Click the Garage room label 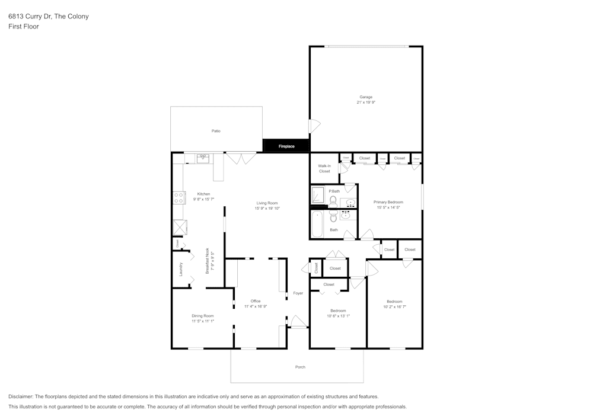(x=366, y=97)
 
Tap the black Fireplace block (x=286, y=146)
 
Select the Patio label (x=216, y=131)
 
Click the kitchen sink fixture (x=203, y=158)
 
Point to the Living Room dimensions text (x=267, y=209)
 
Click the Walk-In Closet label (x=324, y=169)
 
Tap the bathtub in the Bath (x=317, y=223)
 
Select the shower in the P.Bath (x=318, y=195)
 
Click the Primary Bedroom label (x=388, y=202)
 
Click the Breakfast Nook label (x=207, y=261)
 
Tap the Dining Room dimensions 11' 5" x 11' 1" (x=203, y=321)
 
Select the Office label (x=256, y=301)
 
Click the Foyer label (x=298, y=293)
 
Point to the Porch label (x=300, y=367)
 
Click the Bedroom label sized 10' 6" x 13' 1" (x=338, y=311)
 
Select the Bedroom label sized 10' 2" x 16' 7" (x=394, y=301)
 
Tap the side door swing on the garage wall (x=314, y=126)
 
